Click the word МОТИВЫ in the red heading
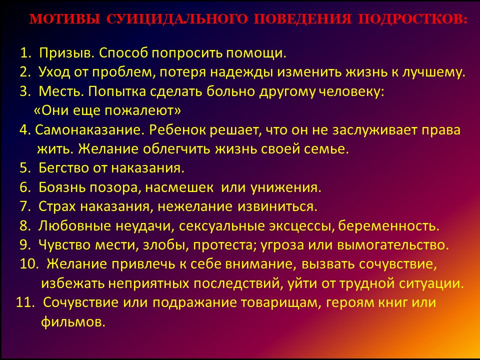65,19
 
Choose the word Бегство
64,168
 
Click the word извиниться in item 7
277,206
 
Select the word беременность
389,226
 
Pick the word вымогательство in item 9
393,245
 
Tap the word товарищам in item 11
280,303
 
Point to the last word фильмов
73,321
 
